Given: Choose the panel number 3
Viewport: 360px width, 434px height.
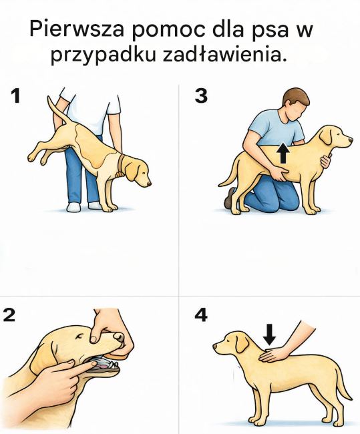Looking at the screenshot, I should [x=201, y=97].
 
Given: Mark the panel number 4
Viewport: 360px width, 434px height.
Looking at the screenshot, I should [x=201, y=315].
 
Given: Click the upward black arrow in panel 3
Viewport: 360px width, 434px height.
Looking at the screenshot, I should [x=283, y=153].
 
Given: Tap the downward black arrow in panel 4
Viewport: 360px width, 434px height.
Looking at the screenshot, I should [x=268, y=333].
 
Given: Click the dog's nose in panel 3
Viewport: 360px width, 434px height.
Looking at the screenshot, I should [x=350, y=141].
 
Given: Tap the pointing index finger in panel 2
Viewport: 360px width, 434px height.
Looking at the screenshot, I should [x=67, y=367].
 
